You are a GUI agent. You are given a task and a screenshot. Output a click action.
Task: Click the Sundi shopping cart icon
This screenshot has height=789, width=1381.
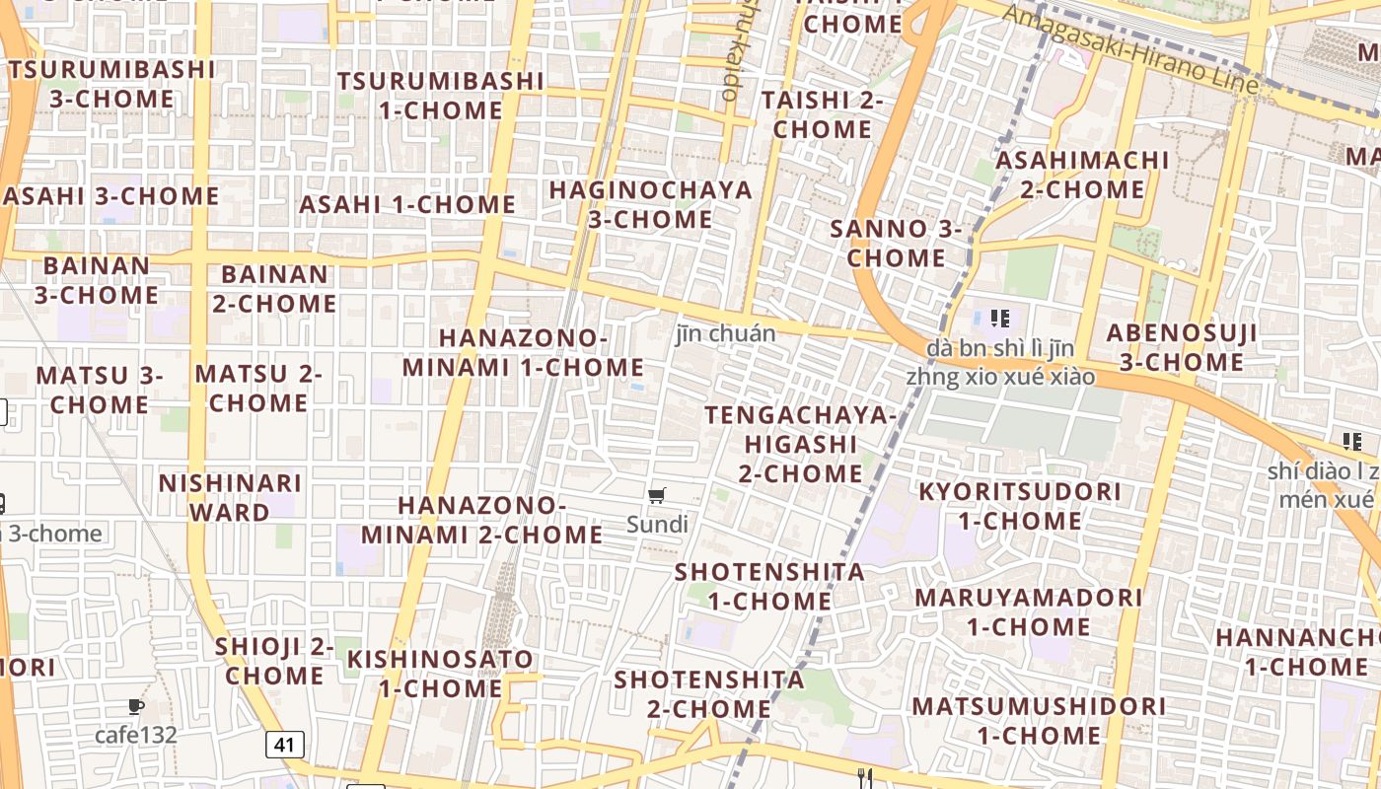tap(657, 496)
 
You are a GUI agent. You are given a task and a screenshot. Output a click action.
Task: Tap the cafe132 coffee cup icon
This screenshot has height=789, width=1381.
tap(136, 707)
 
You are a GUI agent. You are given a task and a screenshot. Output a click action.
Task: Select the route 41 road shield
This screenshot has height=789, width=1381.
tap(284, 745)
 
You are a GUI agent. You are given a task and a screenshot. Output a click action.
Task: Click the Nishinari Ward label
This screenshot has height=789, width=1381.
tap(230, 498)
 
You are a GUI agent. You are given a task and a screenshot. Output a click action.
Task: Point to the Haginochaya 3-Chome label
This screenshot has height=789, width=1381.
tap(650, 204)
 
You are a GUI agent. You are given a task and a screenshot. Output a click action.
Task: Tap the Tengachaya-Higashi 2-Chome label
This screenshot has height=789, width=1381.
tap(800, 444)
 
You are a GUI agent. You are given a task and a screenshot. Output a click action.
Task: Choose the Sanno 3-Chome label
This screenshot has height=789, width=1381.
tap(896, 244)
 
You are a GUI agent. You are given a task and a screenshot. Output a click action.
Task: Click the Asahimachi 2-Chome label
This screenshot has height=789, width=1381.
tap(1082, 175)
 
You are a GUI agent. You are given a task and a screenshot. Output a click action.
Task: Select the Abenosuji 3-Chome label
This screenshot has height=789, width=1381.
tap(1182, 347)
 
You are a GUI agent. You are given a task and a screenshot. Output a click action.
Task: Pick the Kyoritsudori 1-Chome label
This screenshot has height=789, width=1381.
tap(1020, 506)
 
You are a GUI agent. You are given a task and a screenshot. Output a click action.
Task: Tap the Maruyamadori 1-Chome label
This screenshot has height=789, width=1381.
tap(1028, 611)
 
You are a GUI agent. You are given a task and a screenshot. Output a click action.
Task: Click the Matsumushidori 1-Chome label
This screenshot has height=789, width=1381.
tap(1039, 721)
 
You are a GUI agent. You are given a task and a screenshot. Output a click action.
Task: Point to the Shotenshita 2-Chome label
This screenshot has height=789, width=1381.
tap(709, 694)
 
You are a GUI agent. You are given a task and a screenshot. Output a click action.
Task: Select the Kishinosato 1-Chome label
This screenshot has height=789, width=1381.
tap(440, 674)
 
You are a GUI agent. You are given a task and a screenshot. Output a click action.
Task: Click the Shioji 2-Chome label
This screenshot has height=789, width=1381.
tap(274, 662)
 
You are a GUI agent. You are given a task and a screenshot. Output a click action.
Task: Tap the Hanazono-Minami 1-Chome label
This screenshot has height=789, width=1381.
tap(523, 352)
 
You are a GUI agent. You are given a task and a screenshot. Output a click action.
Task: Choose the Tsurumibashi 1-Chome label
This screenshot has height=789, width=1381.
tap(441, 95)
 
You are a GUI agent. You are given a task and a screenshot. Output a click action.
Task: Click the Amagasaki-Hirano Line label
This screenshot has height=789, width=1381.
tap(1130, 47)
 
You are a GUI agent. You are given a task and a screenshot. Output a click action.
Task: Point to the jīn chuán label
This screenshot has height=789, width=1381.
tap(726, 333)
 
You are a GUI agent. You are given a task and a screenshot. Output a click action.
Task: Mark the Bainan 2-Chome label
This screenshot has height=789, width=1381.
tap(274, 289)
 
